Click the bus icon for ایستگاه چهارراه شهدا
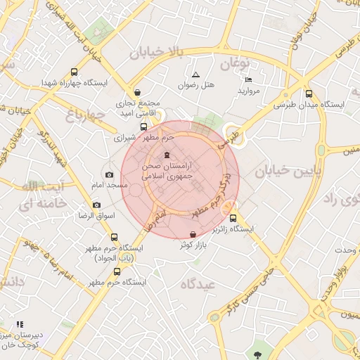click(x=75, y=72)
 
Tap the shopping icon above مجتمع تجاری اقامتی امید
click(x=137, y=92)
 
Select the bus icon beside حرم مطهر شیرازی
click(x=144, y=127)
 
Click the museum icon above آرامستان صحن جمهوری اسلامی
click(x=167, y=155)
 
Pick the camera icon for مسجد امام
click(x=108, y=174)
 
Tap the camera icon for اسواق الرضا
click(x=96, y=205)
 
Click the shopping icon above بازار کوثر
click(x=193, y=233)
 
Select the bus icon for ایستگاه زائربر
click(x=233, y=218)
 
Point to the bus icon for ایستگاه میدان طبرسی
click(x=310, y=94)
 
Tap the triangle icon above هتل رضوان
click(x=195, y=75)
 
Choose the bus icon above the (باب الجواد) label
click(x=115, y=238)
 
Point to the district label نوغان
click(x=236, y=65)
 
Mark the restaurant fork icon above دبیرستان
click(x=20, y=324)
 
